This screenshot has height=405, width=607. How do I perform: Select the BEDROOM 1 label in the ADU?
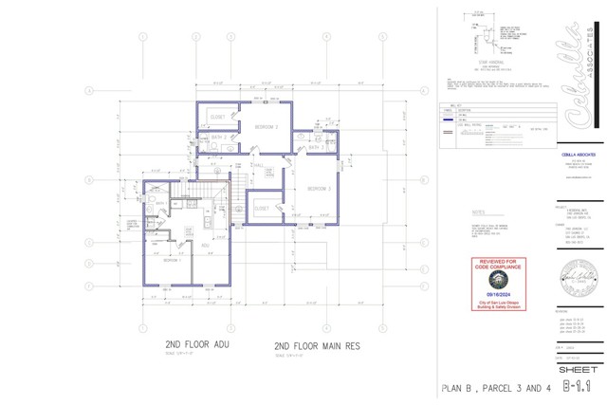tap(172, 260)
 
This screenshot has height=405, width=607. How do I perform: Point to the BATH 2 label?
tap(317, 147)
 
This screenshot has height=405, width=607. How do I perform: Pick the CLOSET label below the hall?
tap(262, 207)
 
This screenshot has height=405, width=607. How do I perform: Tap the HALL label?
tap(233, 165)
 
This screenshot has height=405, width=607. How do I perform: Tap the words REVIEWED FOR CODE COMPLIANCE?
tap(499, 264)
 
